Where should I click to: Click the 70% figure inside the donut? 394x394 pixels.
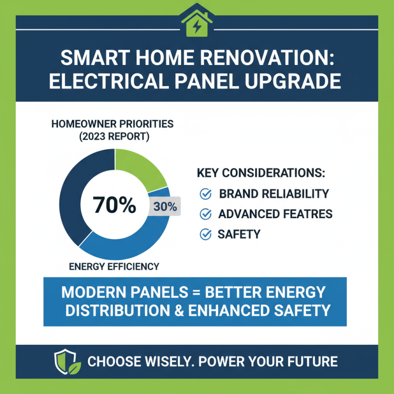114,204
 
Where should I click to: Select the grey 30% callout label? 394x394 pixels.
165,207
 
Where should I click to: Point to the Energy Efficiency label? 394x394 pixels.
114,266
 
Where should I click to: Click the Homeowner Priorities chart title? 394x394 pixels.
112,124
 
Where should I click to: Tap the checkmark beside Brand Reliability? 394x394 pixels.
205,194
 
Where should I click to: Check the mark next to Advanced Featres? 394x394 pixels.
205,214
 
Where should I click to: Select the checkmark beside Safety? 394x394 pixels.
205,234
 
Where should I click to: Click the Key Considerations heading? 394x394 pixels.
261,173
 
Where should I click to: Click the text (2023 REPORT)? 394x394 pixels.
112,136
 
